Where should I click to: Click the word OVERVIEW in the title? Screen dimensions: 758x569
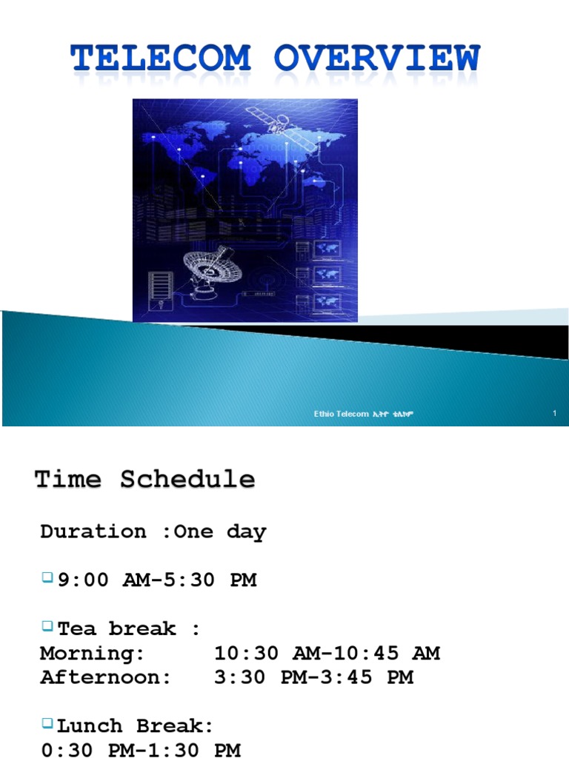click(x=378, y=60)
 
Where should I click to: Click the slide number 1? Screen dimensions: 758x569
click(x=554, y=413)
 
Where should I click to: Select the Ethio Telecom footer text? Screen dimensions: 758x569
click(x=363, y=414)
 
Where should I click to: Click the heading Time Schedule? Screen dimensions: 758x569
click(x=145, y=480)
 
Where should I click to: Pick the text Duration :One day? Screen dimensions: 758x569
click(x=153, y=531)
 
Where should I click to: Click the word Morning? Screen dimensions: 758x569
click(x=93, y=653)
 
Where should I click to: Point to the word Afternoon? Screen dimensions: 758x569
click(x=101, y=677)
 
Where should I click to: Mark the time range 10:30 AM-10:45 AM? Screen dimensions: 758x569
click(x=327, y=653)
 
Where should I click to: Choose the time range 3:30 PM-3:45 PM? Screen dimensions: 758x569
click(x=313, y=677)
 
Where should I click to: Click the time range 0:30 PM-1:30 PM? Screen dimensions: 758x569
click(x=141, y=749)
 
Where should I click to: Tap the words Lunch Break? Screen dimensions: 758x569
click(x=136, y=725)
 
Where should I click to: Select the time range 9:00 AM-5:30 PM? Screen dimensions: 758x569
click(x=157, y=580)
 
